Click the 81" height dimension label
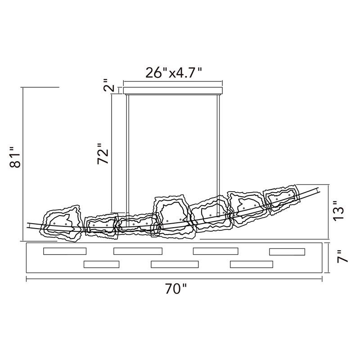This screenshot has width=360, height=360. pos(15,157)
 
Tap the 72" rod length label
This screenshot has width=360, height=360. pos(103,154)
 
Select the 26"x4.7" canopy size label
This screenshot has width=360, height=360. pos(174,73)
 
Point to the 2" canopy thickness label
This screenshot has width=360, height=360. pos(109,85)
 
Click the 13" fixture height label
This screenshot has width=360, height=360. pos(338,211)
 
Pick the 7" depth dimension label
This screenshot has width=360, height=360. pos(342,256)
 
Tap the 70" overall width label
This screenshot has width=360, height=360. pos(175,288)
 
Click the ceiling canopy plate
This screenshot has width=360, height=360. pos(173,91)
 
